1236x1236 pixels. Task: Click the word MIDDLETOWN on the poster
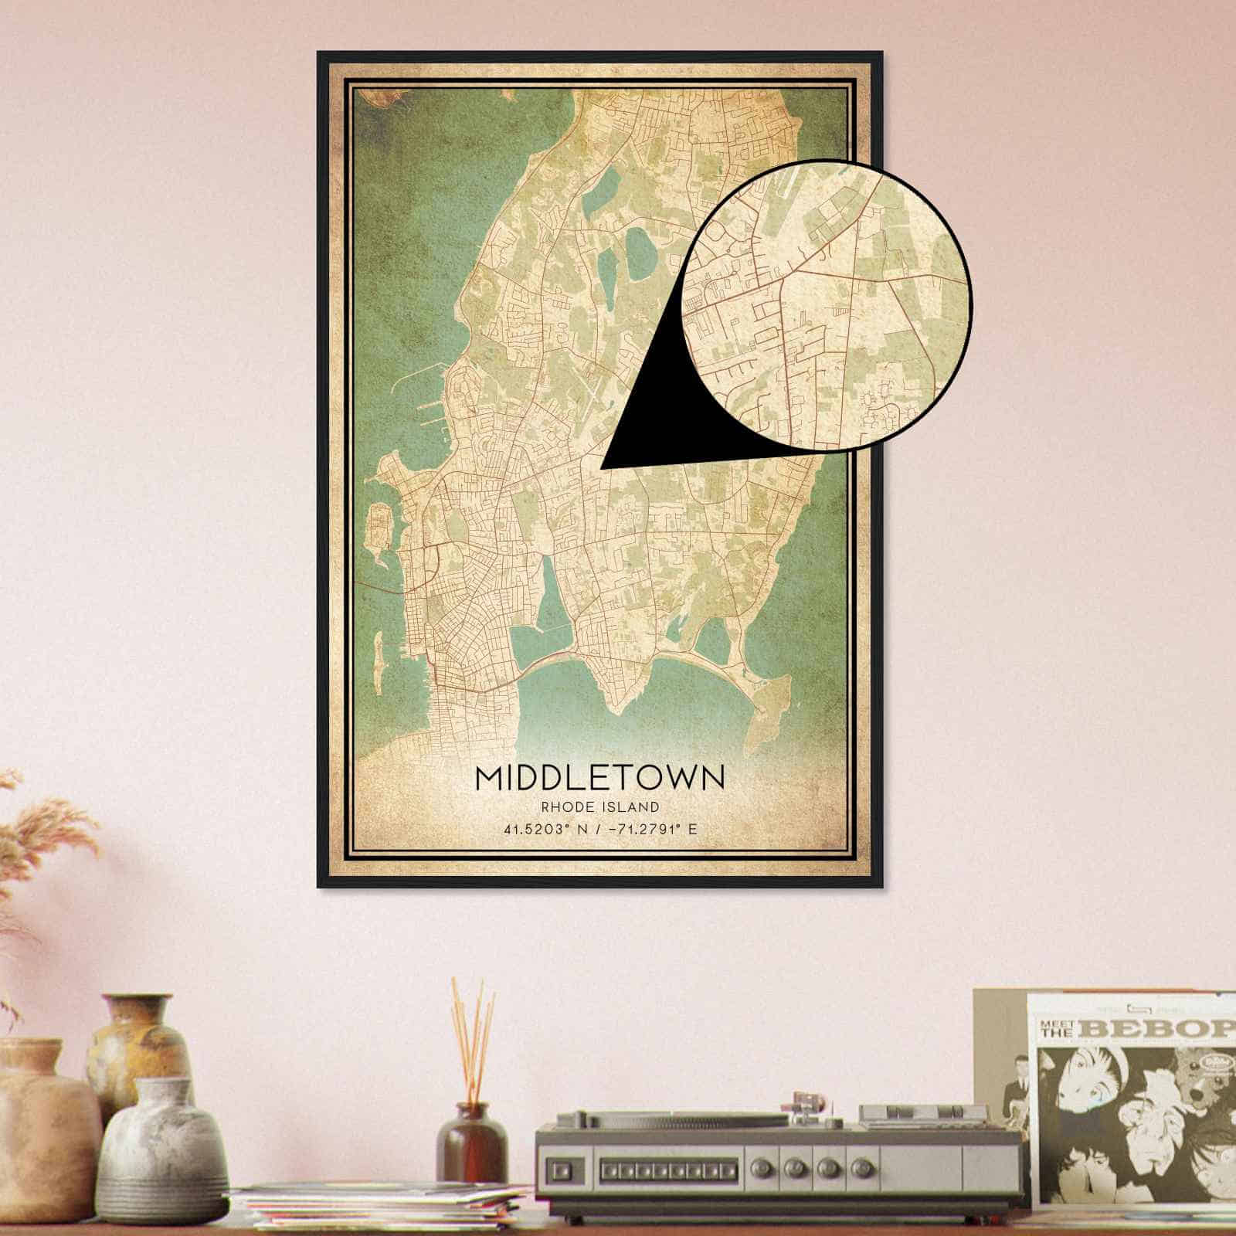point(600,777)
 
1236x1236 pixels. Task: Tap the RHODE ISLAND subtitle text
point(600,808)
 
